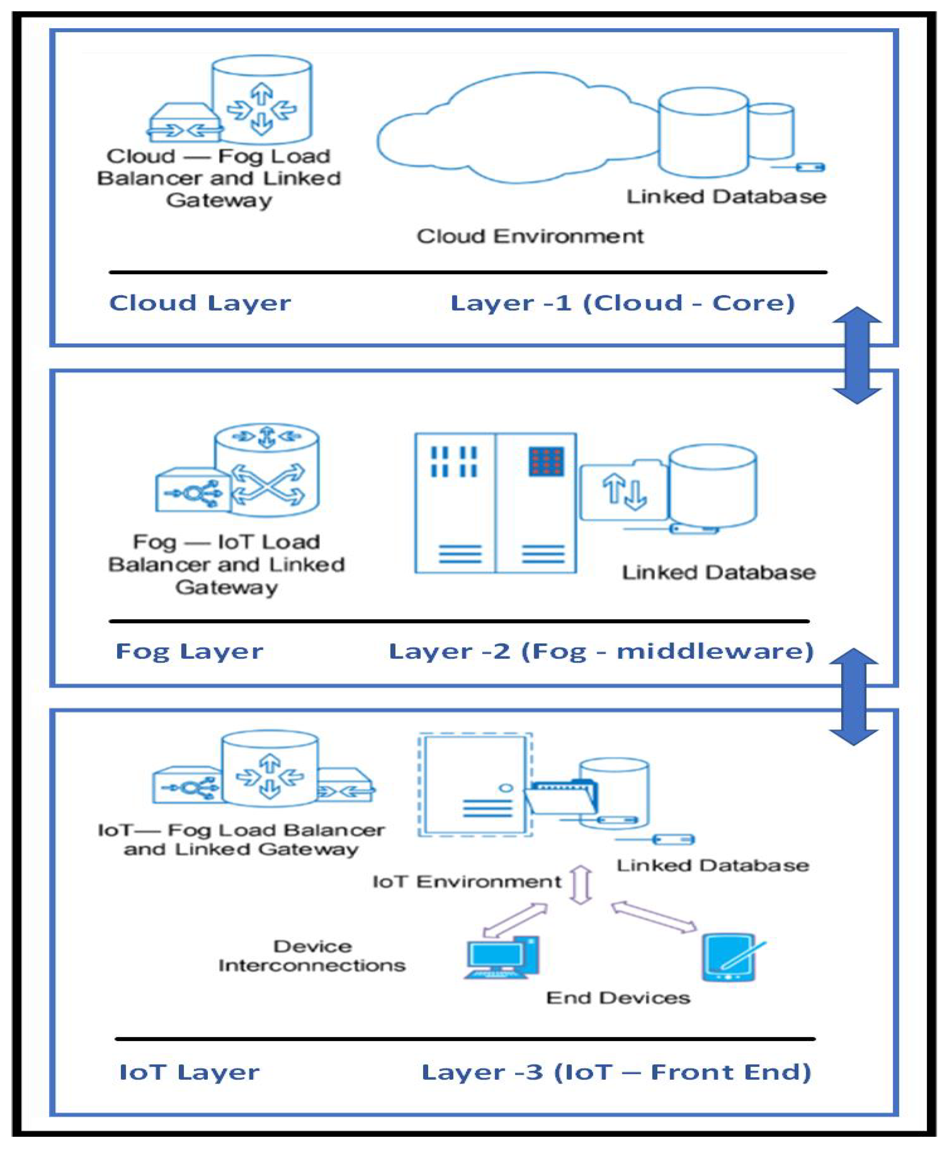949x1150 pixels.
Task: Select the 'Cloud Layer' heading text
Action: click(x=200, y=303)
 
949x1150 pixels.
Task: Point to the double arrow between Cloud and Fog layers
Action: click(x=857, y=355)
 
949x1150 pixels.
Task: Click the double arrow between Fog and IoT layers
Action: click(x=853, y=697)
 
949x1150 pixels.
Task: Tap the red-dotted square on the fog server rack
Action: click(x=546, y=461)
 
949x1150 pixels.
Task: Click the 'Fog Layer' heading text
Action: click(x=189, y=651)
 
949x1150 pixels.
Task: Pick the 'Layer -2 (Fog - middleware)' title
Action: click(x=601, y=651)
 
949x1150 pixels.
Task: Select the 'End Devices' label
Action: click(x=618, y=998)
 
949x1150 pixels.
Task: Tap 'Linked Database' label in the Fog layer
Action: click(x=718, y=572)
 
